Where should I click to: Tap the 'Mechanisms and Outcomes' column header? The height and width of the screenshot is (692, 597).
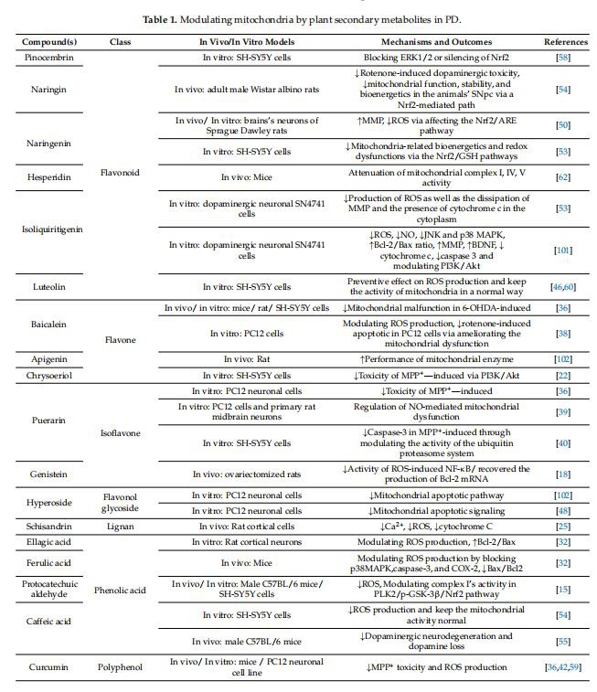coord(433,42)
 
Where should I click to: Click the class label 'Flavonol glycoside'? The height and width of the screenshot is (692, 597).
coord(120,502)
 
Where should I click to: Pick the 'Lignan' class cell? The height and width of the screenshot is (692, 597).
coord(120,527)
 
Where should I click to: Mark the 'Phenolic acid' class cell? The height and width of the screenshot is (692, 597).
coord(120,591)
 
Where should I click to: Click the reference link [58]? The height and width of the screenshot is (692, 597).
coord(566,58)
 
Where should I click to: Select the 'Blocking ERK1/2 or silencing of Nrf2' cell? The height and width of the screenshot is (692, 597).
coord(433,58)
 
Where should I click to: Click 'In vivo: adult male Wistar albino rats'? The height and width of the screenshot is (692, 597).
coord(245,89)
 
